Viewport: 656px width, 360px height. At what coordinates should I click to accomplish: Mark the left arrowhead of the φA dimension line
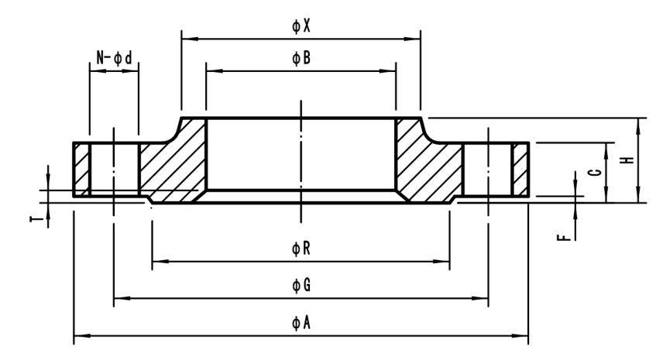(77, 336)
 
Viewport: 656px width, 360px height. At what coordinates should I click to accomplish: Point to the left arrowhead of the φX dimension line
(186, 37)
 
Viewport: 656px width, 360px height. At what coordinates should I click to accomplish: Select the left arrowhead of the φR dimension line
(156, 262)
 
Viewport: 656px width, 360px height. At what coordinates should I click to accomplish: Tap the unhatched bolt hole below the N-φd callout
(114, 169)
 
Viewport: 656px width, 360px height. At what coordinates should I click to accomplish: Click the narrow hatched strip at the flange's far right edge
(520, 169)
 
